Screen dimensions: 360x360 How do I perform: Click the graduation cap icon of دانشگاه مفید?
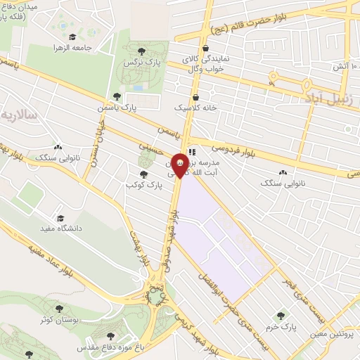click(x=60, y=219)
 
